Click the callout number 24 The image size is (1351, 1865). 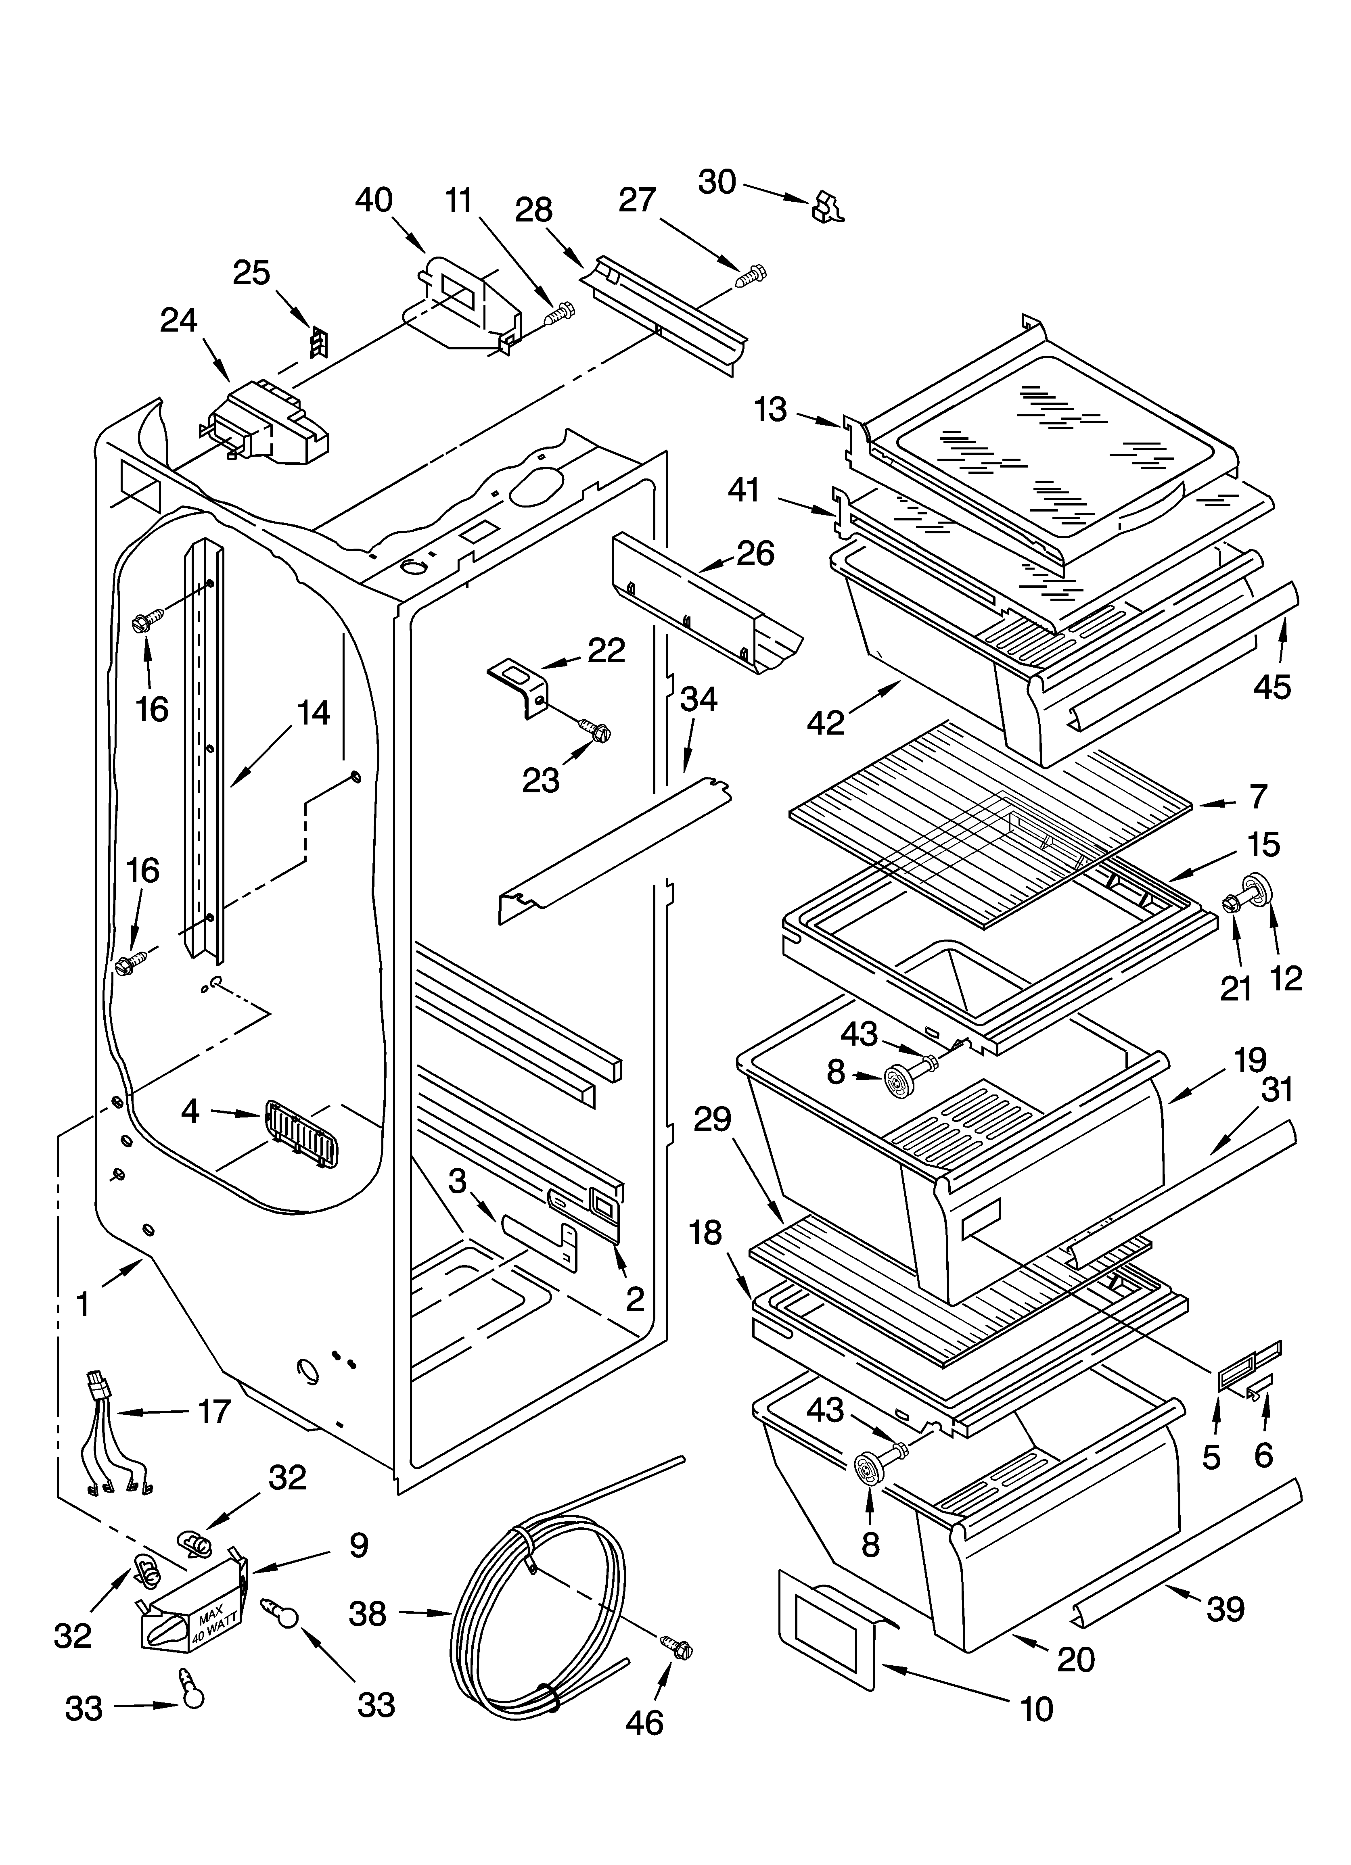point(178,321)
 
